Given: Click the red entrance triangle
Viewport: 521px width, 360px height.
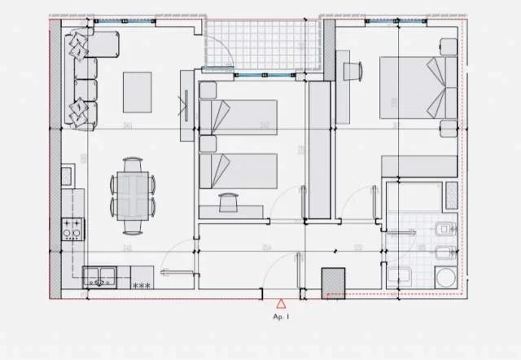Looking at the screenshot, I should click(281, 302).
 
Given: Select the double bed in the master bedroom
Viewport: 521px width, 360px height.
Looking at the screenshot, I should click(417, 87).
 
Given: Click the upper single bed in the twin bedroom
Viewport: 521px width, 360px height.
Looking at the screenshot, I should click(238, 117).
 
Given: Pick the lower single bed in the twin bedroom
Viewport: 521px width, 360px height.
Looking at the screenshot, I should click(238, 171).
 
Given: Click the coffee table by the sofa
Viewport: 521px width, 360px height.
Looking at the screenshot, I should click(137, 92).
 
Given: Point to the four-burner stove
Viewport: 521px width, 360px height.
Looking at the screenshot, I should click(72, 230).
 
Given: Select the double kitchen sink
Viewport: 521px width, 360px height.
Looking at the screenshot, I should click(99, 277).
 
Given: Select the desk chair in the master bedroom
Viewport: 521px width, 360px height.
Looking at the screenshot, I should click(352, 72).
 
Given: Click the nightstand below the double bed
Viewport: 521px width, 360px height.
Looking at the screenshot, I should click(447, 129).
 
